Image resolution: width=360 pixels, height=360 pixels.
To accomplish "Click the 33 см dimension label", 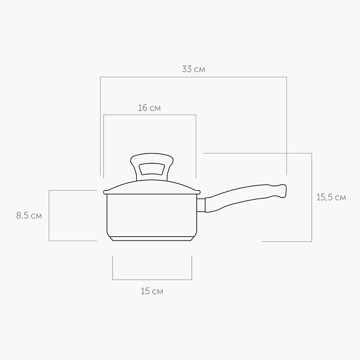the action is (x=193, y=69).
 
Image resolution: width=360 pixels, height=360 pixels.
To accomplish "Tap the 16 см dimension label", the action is (x=149, y=108).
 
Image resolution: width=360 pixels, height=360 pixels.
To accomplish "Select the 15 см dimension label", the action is (x=152, y=291).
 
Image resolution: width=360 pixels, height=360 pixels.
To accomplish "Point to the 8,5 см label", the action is (x=29, y=215).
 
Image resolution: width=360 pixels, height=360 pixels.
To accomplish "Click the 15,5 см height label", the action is (x=331, y=197).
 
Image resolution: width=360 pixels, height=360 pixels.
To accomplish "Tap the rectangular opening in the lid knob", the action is (x=152, y=169).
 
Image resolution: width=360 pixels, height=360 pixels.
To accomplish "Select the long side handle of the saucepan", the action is (x=245, y=197).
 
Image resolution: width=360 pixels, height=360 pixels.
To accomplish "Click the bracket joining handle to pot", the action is (x=201, y=205).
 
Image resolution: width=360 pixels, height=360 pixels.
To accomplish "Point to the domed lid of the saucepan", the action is (x=152, y=186).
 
